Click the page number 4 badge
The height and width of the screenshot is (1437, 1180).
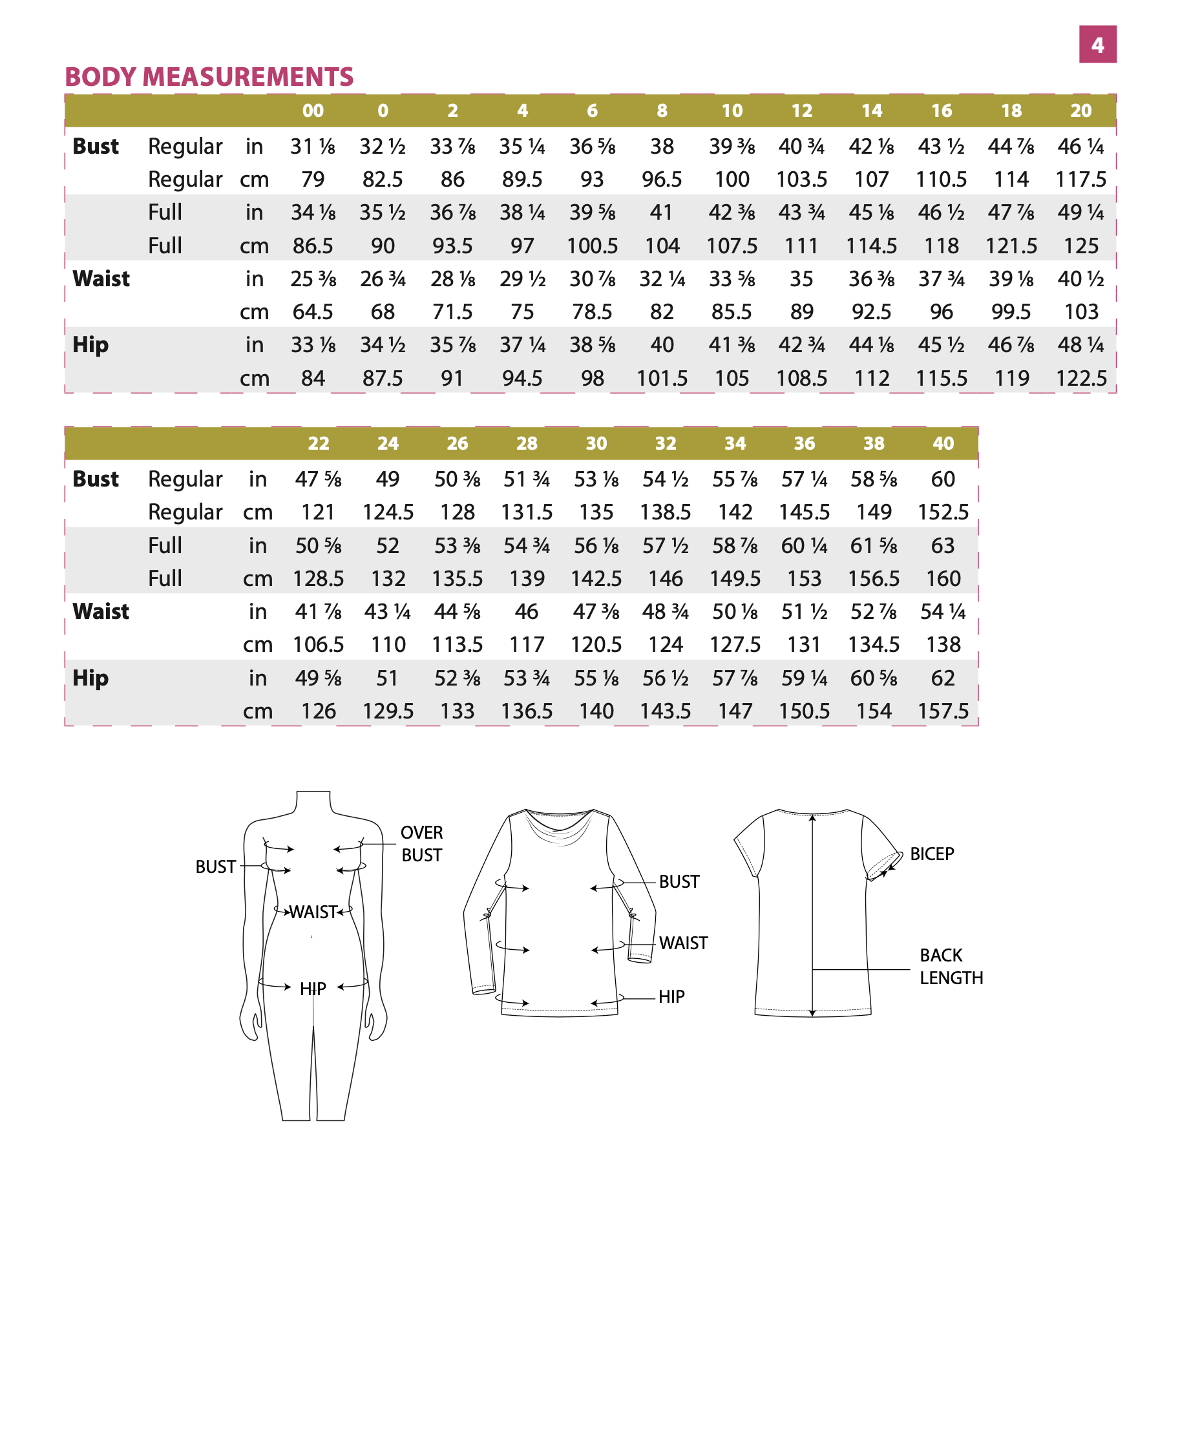(1097, 45)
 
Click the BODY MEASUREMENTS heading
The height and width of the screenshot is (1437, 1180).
(209, 77)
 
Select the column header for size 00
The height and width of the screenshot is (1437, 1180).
(313, 110)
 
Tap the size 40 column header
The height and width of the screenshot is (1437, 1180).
(943, 443)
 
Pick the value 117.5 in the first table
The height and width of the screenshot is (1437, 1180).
(1080, 180)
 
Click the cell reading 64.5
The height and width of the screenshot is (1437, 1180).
(313, 312)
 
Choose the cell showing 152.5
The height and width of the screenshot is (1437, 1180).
(943, 512)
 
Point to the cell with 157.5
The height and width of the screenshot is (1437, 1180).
(943, 711)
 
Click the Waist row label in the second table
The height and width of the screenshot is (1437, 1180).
(101, 611)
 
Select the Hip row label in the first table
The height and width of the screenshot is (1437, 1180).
(90, 344)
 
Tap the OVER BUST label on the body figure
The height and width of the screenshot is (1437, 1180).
(421, 844)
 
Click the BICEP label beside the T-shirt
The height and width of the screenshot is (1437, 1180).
(932, 854)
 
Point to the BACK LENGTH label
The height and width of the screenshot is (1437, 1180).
(951, 966)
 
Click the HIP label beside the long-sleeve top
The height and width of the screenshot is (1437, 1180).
(671, 996)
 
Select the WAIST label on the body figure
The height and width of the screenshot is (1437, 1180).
(313, 912)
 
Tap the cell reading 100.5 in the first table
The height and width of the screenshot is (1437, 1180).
(592, 246)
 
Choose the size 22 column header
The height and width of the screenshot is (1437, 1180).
(318, 443)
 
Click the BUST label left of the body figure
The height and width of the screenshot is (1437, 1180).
(215, 866)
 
